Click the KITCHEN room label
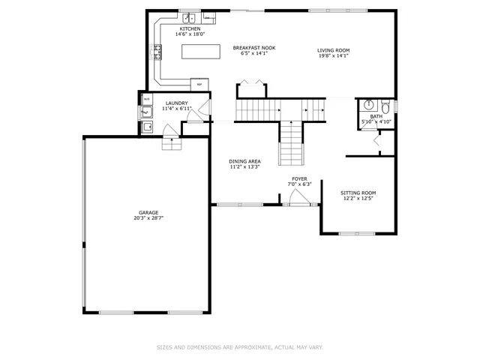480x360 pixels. point(190,28)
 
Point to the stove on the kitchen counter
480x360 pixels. point(157,52)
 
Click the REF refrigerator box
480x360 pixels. point(199,83)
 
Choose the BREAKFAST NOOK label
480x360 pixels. point(253,48)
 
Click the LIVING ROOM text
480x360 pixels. point(334,50)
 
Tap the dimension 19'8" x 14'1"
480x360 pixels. point(334,55)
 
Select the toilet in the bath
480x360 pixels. point(385,105)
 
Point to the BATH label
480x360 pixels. point(376,116)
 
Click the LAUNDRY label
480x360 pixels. point(177,103)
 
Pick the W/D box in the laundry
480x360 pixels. point(146,99)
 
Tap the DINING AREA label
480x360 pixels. point(244,161)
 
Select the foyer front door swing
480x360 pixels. point(298,197)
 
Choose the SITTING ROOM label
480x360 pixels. point(358,193)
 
